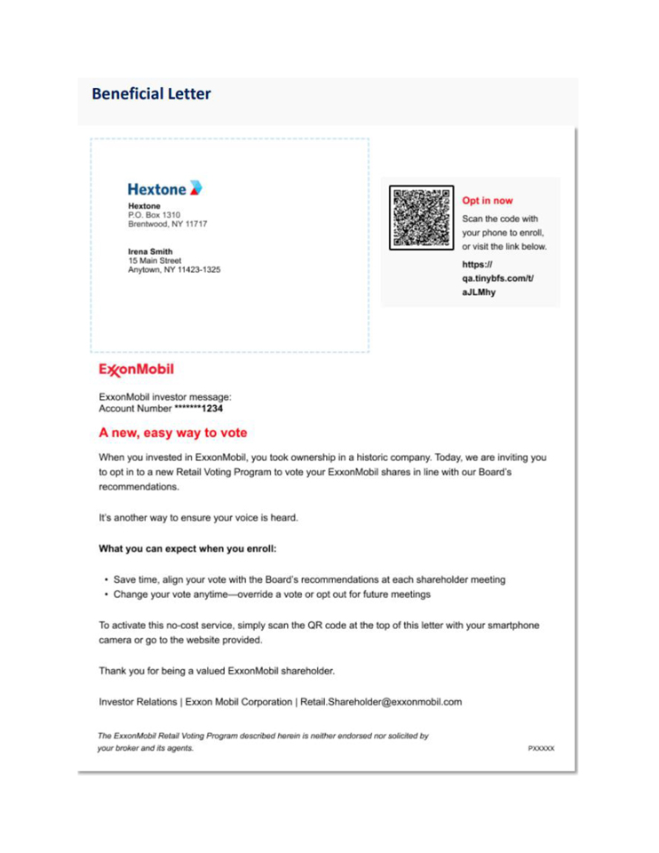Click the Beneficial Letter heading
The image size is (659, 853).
(x=151, y=93)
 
